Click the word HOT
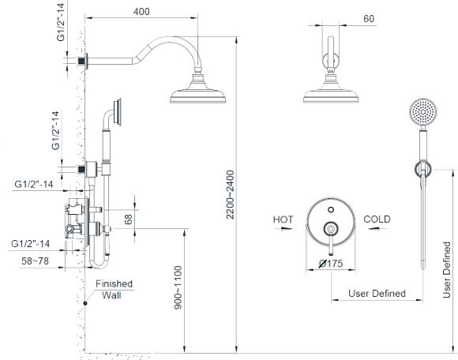pos(283,219)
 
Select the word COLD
pos(378,219)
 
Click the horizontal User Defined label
pos(377,294)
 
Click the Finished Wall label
pos(114,290)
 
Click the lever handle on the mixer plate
pos(331,235)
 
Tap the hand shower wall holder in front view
pos(423,168)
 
